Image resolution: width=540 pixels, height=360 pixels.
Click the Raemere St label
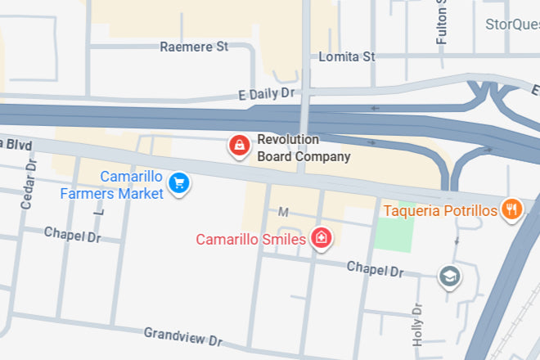pyautogui.click(x=194, y=47)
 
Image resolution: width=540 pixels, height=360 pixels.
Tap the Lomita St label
pyautogui.click(x=346, y=56)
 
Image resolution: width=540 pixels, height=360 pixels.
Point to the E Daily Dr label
pyautogui.click(x=265, y=94)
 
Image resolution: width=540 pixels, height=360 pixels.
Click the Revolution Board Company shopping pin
pyautogui.click(x=238, y=146)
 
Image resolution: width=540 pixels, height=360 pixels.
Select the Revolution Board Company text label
pyautogui.click(x=304, y=148)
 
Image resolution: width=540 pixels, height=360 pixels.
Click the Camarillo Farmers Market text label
pyautogui.click(x=112, y=185)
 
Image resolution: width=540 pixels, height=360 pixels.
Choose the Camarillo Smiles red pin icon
pyautogui.click(x=322, y=238)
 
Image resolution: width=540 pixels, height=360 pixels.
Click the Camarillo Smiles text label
pyautogui.click(x=250, y=240)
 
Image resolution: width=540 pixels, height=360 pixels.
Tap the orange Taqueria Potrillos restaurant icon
pyautogui.click(x=512, y=209)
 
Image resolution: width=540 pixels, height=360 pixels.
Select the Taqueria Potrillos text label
pyautogui.click(x=440, y=211)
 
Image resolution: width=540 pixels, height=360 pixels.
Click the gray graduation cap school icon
pyautogui.click(x=449, y=277)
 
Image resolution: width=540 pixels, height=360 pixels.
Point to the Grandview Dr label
pyautogui.click(x=183, y=336)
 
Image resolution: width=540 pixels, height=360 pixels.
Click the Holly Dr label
pyautogui.click(x=419, y=325)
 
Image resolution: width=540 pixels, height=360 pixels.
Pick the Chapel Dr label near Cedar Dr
pyautogui.click(x=72, y=236)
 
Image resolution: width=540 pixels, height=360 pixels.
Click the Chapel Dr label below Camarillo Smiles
pyautogui.click(x=375, y=269)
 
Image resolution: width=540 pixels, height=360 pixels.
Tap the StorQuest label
pyautogui.click(x=512, y=24)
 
